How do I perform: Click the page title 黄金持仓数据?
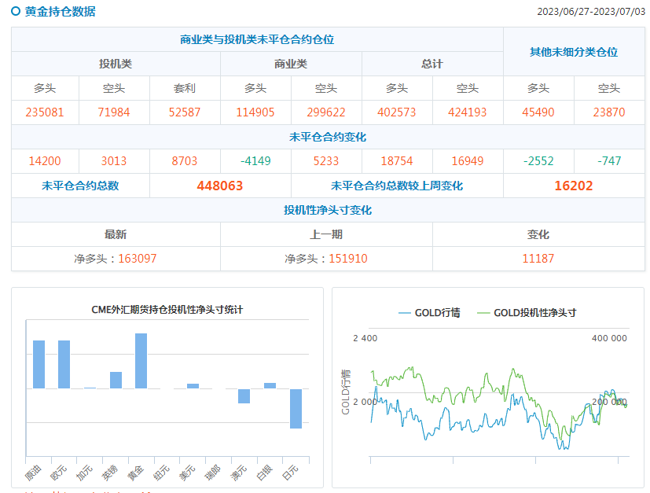[61, 12]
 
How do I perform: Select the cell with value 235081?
[45, 112]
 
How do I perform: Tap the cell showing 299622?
[326, 112]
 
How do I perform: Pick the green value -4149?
[255, 161]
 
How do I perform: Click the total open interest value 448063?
[220, 186]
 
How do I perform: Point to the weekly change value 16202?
[574, 186]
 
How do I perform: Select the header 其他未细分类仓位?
[574, 52]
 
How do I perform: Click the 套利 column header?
[185, 88]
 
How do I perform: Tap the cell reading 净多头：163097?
[116, 259]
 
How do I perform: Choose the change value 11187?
[538, 259]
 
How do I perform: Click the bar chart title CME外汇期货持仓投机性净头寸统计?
[167, 310]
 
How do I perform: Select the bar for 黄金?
[141, 361]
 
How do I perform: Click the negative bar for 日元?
[296, 408]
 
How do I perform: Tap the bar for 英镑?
[116, 380]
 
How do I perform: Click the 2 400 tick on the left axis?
[365, 338]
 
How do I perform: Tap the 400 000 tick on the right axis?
[609, 338]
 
